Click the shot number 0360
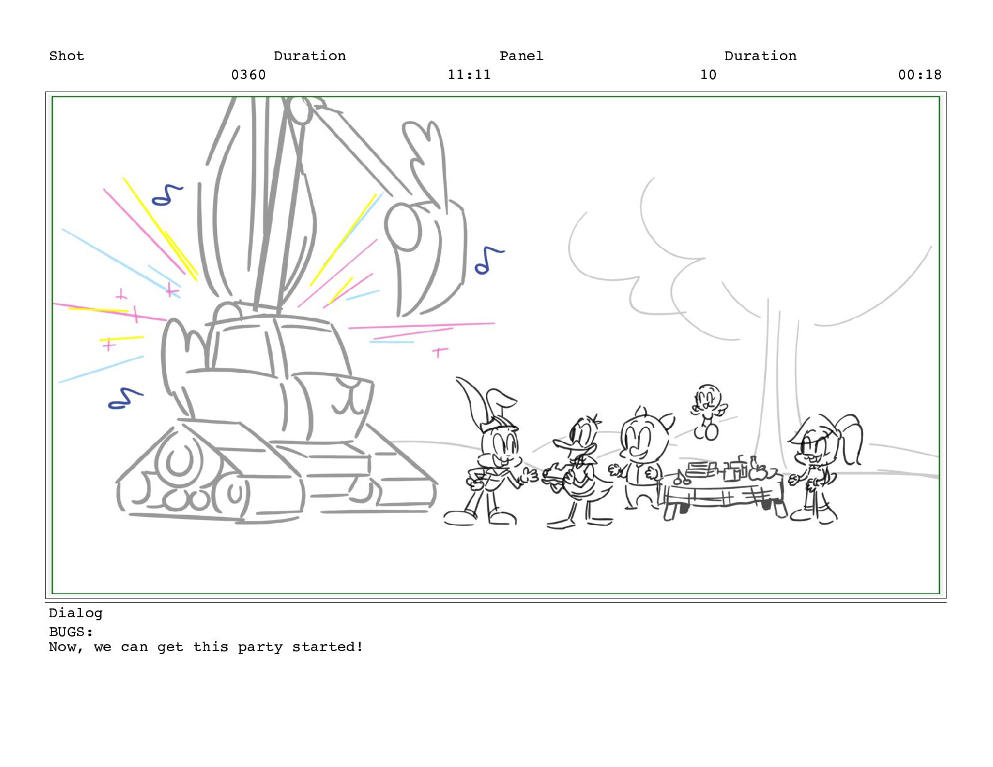[x=248, y=75]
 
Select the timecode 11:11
[x=469, y=75]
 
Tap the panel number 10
[x=708, y=75]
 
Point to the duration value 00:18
[x=920, y=75]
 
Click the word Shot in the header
[x=66, y=56]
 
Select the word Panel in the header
[x=522, y=56]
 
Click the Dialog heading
[x=76, y=613]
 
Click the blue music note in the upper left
[x=167, y=195]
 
